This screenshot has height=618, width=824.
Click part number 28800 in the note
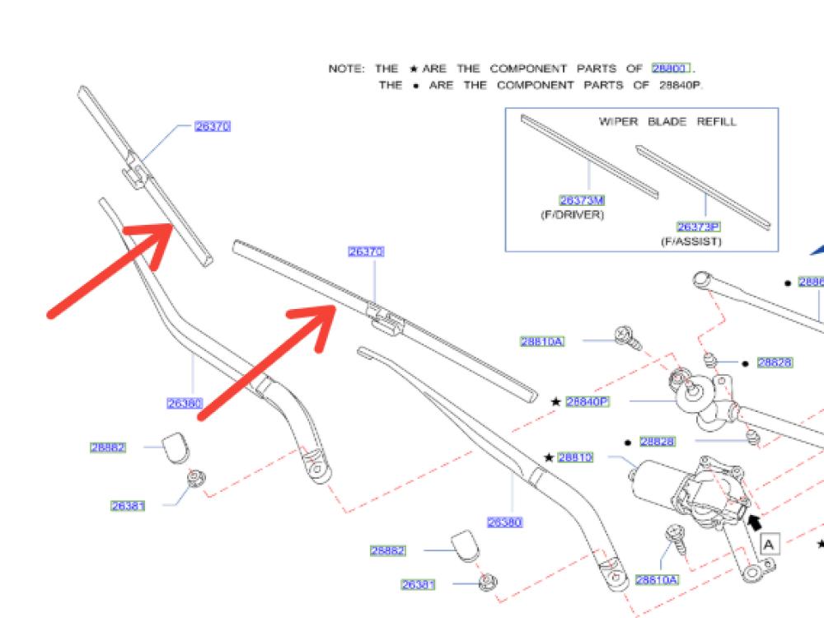tap(669, 68)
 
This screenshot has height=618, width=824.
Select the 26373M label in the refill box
tap(582, 199)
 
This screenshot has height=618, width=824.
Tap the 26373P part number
tap(699, 227)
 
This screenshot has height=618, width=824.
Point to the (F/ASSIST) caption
tap(691, 241)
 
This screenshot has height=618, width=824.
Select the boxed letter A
tap(769, 544)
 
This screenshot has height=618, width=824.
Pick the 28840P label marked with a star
tap(587, 401)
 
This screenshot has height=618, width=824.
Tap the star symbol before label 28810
tap(549, 457)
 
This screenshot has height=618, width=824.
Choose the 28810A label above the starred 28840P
tap(542, 341)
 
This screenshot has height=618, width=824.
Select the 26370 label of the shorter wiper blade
tap(213, 126)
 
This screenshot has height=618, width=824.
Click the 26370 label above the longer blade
tap(366, 251)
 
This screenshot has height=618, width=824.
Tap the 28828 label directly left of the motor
tap(657, 442)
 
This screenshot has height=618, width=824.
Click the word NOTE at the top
tap(344, 68)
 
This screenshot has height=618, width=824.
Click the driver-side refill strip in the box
tap(588, 157)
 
